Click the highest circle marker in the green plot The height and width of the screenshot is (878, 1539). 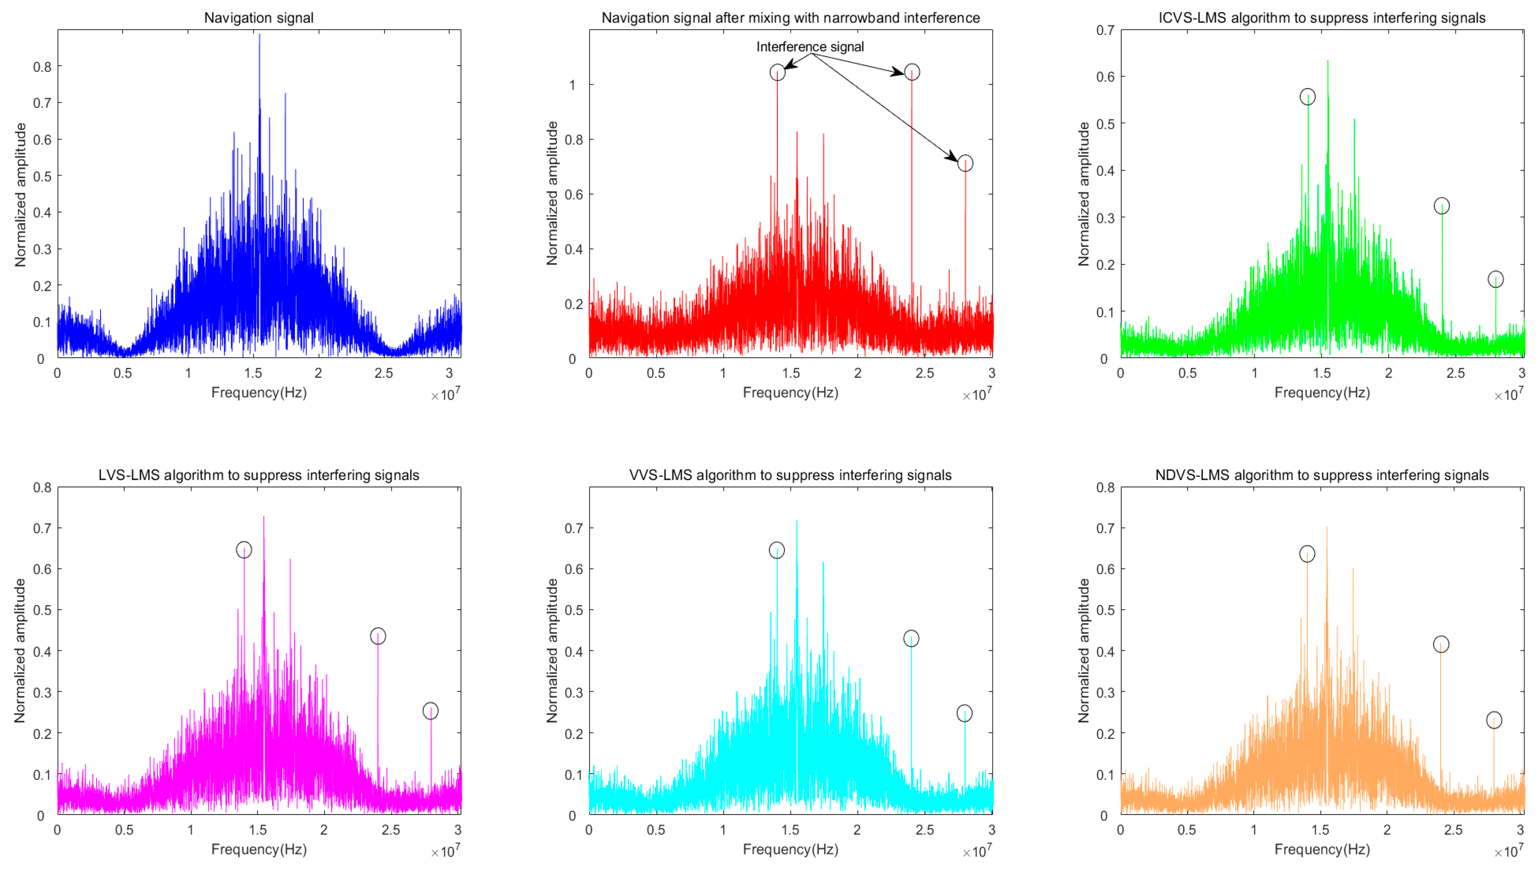pos(1307,96)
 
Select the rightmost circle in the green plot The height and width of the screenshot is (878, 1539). pos(1495,279)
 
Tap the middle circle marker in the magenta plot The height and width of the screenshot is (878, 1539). pos(378,636)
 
